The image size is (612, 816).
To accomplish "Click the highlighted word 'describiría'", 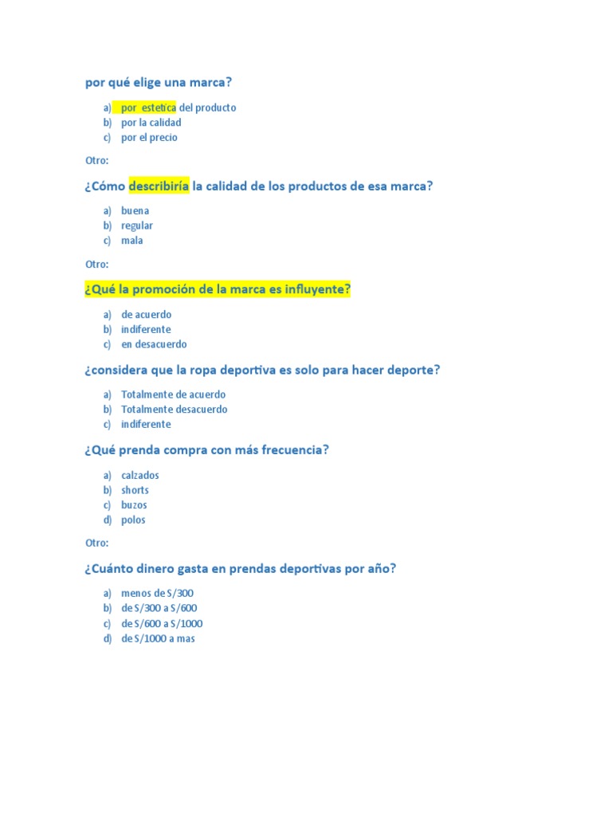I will [x=159, y=186].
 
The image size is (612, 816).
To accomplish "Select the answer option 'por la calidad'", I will [x=151, y=123].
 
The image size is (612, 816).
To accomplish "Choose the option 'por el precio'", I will [x=149, y=138].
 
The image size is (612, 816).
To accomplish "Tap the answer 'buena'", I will [x=135, y=211].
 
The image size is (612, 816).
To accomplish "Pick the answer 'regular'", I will [x=137, y=226].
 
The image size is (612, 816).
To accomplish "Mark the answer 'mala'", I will [x=132, y=241].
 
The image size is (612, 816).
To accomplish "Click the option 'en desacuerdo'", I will [x=154, y=345].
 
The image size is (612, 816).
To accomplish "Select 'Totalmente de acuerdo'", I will [x=173, y=394].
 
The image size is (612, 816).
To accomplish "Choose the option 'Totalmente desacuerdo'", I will [x=174, y=410].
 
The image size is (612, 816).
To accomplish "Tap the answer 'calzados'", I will [x=139, y=476].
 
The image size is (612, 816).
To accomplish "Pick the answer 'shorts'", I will [x=135, y=491].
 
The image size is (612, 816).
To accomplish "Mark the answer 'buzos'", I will [x=134, y=505].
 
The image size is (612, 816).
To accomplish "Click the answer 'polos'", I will [x=133, y=520].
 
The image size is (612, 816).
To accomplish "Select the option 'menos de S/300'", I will [x=157, y=594].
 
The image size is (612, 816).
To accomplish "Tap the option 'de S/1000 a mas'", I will [x=158, y=639].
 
